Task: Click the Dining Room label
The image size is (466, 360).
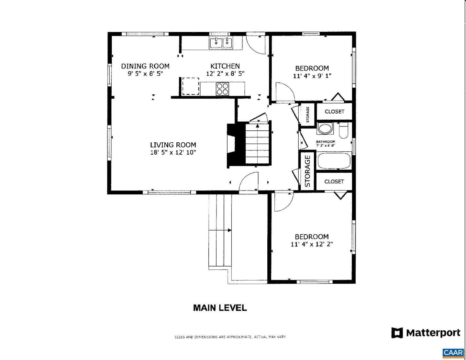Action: point(145,66)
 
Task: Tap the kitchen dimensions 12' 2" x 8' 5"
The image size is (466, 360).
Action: point(225,74)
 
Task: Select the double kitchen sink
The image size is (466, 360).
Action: point(221,43)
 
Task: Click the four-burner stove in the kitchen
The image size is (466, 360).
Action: point(222,89)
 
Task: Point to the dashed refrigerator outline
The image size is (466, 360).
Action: point(191,86)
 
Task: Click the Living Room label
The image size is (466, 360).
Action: point(173,145)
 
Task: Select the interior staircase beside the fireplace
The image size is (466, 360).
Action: point(257,143)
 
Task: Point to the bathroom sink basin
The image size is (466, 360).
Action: point(325,129)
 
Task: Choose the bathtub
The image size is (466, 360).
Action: point(334,160)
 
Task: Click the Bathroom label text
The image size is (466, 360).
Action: point(325,142)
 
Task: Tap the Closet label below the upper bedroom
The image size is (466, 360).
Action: point(334,112)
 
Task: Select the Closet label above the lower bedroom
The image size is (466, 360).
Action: point(334,182)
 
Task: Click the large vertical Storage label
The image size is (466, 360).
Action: point(307,171)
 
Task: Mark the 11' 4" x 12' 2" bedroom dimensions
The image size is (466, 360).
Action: point(312,244)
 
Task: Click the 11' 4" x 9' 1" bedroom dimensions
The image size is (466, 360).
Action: point(312,76)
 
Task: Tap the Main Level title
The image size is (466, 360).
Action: point(220,308)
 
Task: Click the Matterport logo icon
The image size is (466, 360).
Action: point(397,333)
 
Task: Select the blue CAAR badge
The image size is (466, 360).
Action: point(453,353)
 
